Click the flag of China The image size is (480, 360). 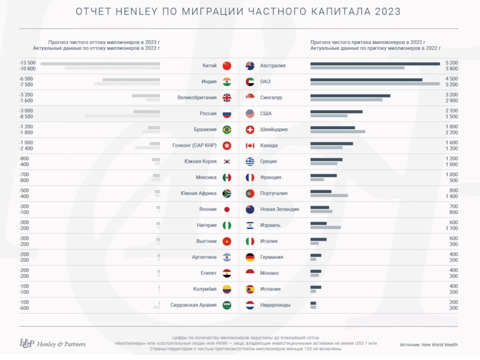coord(227,66)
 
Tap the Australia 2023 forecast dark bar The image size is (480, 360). coord(375,63)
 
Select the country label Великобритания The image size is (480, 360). coord(197,98)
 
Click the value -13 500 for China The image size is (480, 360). coord(28,63)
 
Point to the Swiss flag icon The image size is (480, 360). coord(250,130)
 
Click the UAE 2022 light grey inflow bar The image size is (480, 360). coord(375,84)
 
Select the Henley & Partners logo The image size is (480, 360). coord(52,344)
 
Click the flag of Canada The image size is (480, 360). coord(250,146)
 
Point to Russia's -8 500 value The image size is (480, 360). coord(26,116)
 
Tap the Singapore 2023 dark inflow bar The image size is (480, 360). coord(350,95)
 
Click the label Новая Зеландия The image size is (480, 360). coord(279,209)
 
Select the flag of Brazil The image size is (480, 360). coord(227,130)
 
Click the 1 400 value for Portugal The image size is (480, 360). coord(452,196)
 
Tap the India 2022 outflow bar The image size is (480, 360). coord(127,84)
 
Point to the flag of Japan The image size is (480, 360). coord(227,209)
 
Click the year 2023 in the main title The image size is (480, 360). coord(388,12)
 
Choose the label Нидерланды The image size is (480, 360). coord(275,305)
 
